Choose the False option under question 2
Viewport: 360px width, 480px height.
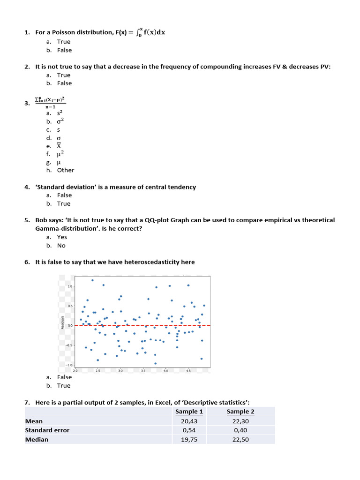[x=64, y=83]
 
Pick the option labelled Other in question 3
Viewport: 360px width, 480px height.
[x=66, y=170]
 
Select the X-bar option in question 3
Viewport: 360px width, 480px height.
[x=59, y=146]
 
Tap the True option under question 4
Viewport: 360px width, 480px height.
[x=64, y=204]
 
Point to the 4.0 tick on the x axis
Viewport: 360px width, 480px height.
[x=165, y=371]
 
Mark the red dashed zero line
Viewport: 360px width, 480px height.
[x=141, y=325]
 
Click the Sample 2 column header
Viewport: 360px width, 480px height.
[x=240, y=412]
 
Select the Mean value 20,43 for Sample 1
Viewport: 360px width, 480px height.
[x=189, y=421]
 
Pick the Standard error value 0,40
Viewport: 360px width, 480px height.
[x=240, y=430]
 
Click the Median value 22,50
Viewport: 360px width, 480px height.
[x=240, y=440]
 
